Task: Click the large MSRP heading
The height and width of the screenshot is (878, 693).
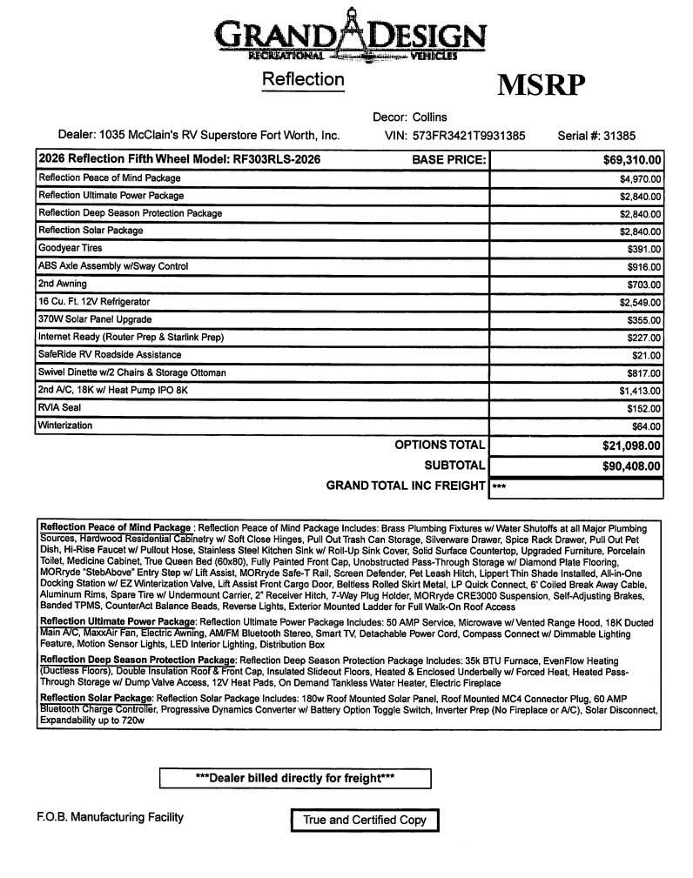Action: point(541,85)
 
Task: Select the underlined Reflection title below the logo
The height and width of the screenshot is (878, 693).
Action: point(303,79)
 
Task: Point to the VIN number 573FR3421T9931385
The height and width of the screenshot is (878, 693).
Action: point(469,136)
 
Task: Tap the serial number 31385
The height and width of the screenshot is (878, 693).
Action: point(618,136)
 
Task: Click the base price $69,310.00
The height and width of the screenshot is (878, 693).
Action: point(632,160)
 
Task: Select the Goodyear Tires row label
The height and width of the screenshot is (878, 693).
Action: point(71,248)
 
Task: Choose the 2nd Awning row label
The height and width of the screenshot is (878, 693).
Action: point(63,284)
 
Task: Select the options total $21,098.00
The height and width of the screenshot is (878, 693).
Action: point(631,446)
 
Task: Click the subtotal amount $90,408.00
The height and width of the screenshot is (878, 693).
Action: point(631,466)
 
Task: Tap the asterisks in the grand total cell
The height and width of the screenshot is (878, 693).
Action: point(499,487)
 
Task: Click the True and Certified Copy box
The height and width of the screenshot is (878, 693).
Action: point(364,820)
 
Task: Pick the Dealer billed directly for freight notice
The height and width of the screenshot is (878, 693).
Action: point(295,778)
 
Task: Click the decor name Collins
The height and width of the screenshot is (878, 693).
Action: point(430,117)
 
